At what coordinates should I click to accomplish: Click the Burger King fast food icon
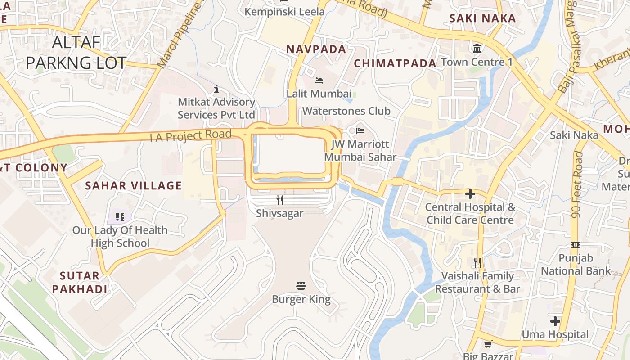[x=301, y=285]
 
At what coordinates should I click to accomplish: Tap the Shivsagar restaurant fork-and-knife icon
[x=280, y=200]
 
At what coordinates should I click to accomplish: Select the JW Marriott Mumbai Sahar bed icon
[x=360, y=131]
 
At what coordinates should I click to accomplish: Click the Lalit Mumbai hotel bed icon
[x=319, y=81]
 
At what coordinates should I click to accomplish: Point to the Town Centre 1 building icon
[x=477, y=48]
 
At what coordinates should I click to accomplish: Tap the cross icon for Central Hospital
[x=470, y=194]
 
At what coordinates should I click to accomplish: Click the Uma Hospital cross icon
[x=555, y=321]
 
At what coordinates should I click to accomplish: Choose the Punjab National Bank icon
[x=576, y=245]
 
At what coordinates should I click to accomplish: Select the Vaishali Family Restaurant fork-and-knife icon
[x=477, y=262]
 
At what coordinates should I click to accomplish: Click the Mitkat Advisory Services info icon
[x=216, y=89]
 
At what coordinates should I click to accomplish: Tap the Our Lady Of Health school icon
[x=120, y=217]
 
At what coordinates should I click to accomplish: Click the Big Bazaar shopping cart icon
[x=488, y=344]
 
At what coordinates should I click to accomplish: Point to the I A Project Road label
[x=191, y=135]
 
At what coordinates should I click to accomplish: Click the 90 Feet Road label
[x=577, y=184]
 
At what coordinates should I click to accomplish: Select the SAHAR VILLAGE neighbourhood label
[x=134, y=185]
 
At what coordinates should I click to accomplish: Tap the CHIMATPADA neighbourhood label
[x=395, y=63]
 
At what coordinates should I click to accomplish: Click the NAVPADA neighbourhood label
[x=316, y=49]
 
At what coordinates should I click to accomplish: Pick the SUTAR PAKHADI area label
[x=80, y=282]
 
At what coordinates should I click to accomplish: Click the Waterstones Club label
[x=346, y=111]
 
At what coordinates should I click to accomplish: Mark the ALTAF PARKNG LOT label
[x=76, y=53]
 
